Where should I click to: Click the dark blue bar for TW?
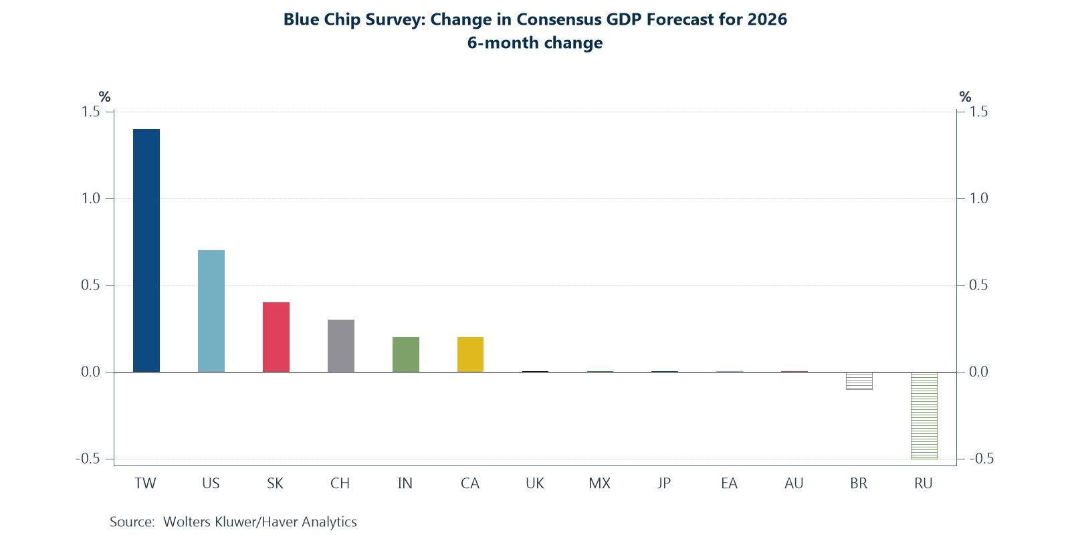[146, 251]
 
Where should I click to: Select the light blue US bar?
[211, 311]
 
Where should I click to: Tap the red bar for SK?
[276, 337]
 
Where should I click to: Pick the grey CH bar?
[341, 346]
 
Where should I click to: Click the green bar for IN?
[406, 354]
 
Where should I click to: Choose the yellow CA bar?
[470, 354]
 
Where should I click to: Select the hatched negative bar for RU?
[924, 415]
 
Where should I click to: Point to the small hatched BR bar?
[859, 381]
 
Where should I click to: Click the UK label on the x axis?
[535, 484]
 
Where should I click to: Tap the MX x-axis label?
[599, 484]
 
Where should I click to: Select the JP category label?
[663, 484]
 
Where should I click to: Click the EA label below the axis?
[729, 484]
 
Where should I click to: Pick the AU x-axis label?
[794, 484]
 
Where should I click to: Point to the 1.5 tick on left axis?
[91, 112]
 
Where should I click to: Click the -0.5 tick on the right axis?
[981, 459]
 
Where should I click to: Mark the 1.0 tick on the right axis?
[978, 199]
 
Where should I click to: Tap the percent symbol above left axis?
[104, 97]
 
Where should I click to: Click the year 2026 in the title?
[767, 19]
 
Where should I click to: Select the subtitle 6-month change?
[535, 43]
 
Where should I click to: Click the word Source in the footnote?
[132, 522]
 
